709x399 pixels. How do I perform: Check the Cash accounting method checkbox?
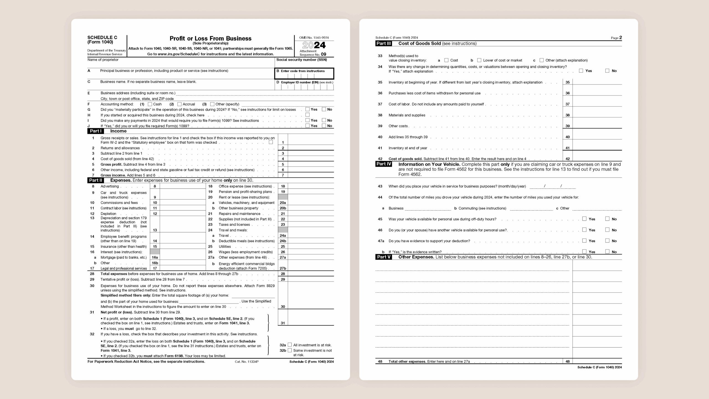click(x=150, y=104)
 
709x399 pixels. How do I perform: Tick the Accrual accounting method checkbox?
click(x=179, y=104)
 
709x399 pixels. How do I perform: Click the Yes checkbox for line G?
click(x=307, y=109)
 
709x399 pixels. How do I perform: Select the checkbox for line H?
click(x=307, y=115)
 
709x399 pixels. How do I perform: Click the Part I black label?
click(x=96, y=131)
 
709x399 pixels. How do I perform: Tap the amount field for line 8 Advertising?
click(x=183, y=186)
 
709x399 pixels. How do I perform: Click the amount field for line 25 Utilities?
click(x=310, y=246)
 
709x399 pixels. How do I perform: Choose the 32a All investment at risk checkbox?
click(x=290, y=345)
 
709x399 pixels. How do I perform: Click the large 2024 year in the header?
click(x=314, y=45)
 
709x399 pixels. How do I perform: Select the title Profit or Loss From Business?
click(x=210, y=39)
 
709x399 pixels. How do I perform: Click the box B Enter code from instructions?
click(x=304, y=74)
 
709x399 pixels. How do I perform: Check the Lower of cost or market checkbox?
click(x=479, y=60)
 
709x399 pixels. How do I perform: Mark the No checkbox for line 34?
click(x=607, y=71)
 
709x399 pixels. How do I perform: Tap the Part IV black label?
click(x=384, y=164)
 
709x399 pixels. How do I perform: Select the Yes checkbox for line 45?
click(x=584, y=219)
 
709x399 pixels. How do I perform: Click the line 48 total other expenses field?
click(x=597, y=361)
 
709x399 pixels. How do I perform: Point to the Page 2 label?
click(x=616, y=38)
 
